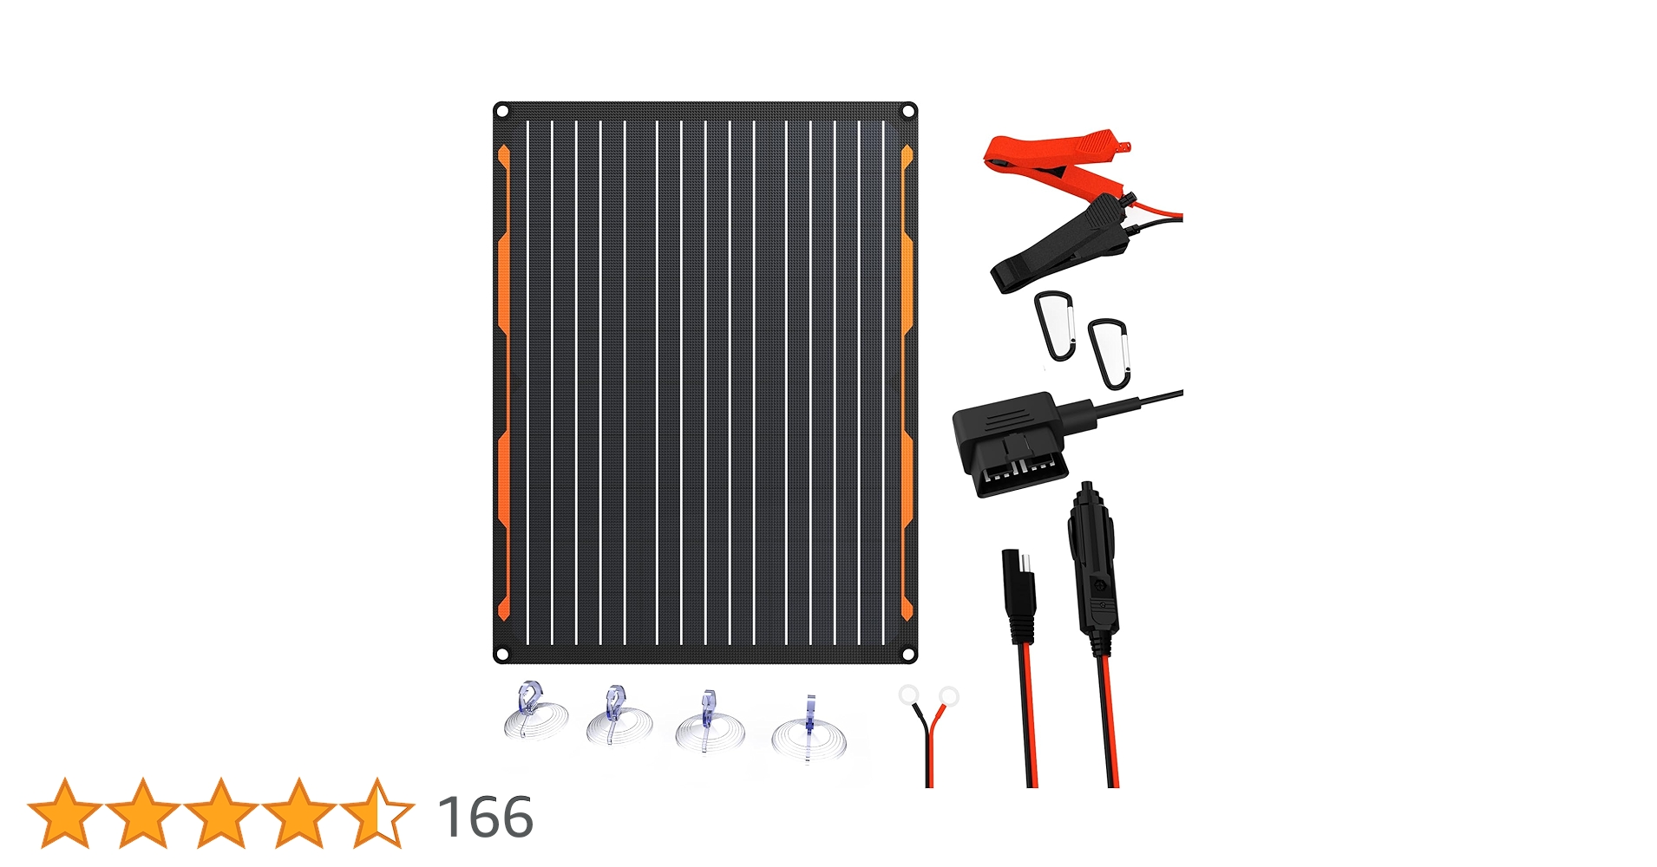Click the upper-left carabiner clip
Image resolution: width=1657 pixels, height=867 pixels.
click(1055, 325)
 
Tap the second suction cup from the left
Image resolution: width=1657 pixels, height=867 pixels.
click(619, 718)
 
